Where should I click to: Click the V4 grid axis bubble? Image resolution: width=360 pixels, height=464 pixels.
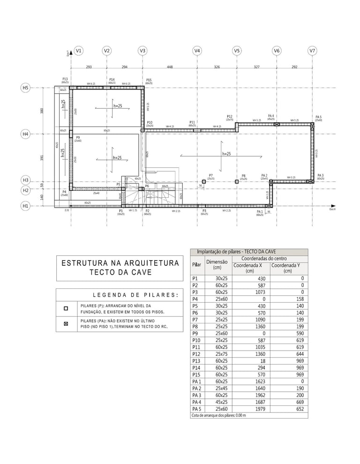(197, 51)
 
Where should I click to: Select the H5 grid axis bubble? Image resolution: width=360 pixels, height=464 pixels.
(26, 88)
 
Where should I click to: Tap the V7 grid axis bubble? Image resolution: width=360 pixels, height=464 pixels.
(313, 51)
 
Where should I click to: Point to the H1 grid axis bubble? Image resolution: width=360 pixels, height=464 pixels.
(26, 205)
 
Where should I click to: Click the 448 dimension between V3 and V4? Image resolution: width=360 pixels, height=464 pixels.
(170, 67)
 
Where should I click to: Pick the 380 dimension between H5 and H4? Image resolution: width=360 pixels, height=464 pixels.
(42, 111)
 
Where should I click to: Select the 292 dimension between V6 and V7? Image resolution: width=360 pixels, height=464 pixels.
(294, 67)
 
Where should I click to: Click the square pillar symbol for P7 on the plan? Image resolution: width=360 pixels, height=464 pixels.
(204, 181)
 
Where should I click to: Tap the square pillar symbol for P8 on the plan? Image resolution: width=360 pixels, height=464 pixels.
(237, 181)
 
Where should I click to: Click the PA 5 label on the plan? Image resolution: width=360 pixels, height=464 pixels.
(318, 117)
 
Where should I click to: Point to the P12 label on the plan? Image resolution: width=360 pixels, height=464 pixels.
(230, 116)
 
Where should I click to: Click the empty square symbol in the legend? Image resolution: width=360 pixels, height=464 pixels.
(66, 308)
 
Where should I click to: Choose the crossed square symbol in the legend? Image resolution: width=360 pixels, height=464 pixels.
(66, 323)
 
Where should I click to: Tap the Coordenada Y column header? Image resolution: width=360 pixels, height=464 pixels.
(289, 268)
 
